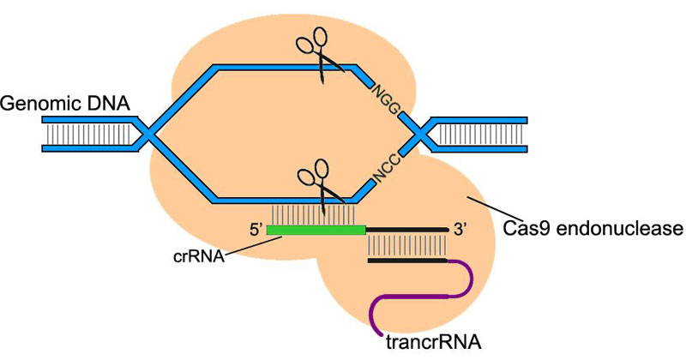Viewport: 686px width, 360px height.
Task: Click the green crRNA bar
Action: pyautogui.click(x=316, y=230)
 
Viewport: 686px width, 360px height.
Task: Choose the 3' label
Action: pyautogui.click(x=464, y=229)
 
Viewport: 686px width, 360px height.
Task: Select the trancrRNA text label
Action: pyautogui.click(x=433, y=343)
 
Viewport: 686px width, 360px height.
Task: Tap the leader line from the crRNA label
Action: pyautogui.click(x=249, y=249)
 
